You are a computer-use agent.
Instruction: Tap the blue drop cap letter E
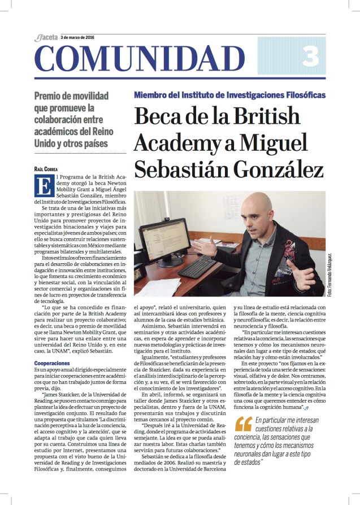coord(40,184)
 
